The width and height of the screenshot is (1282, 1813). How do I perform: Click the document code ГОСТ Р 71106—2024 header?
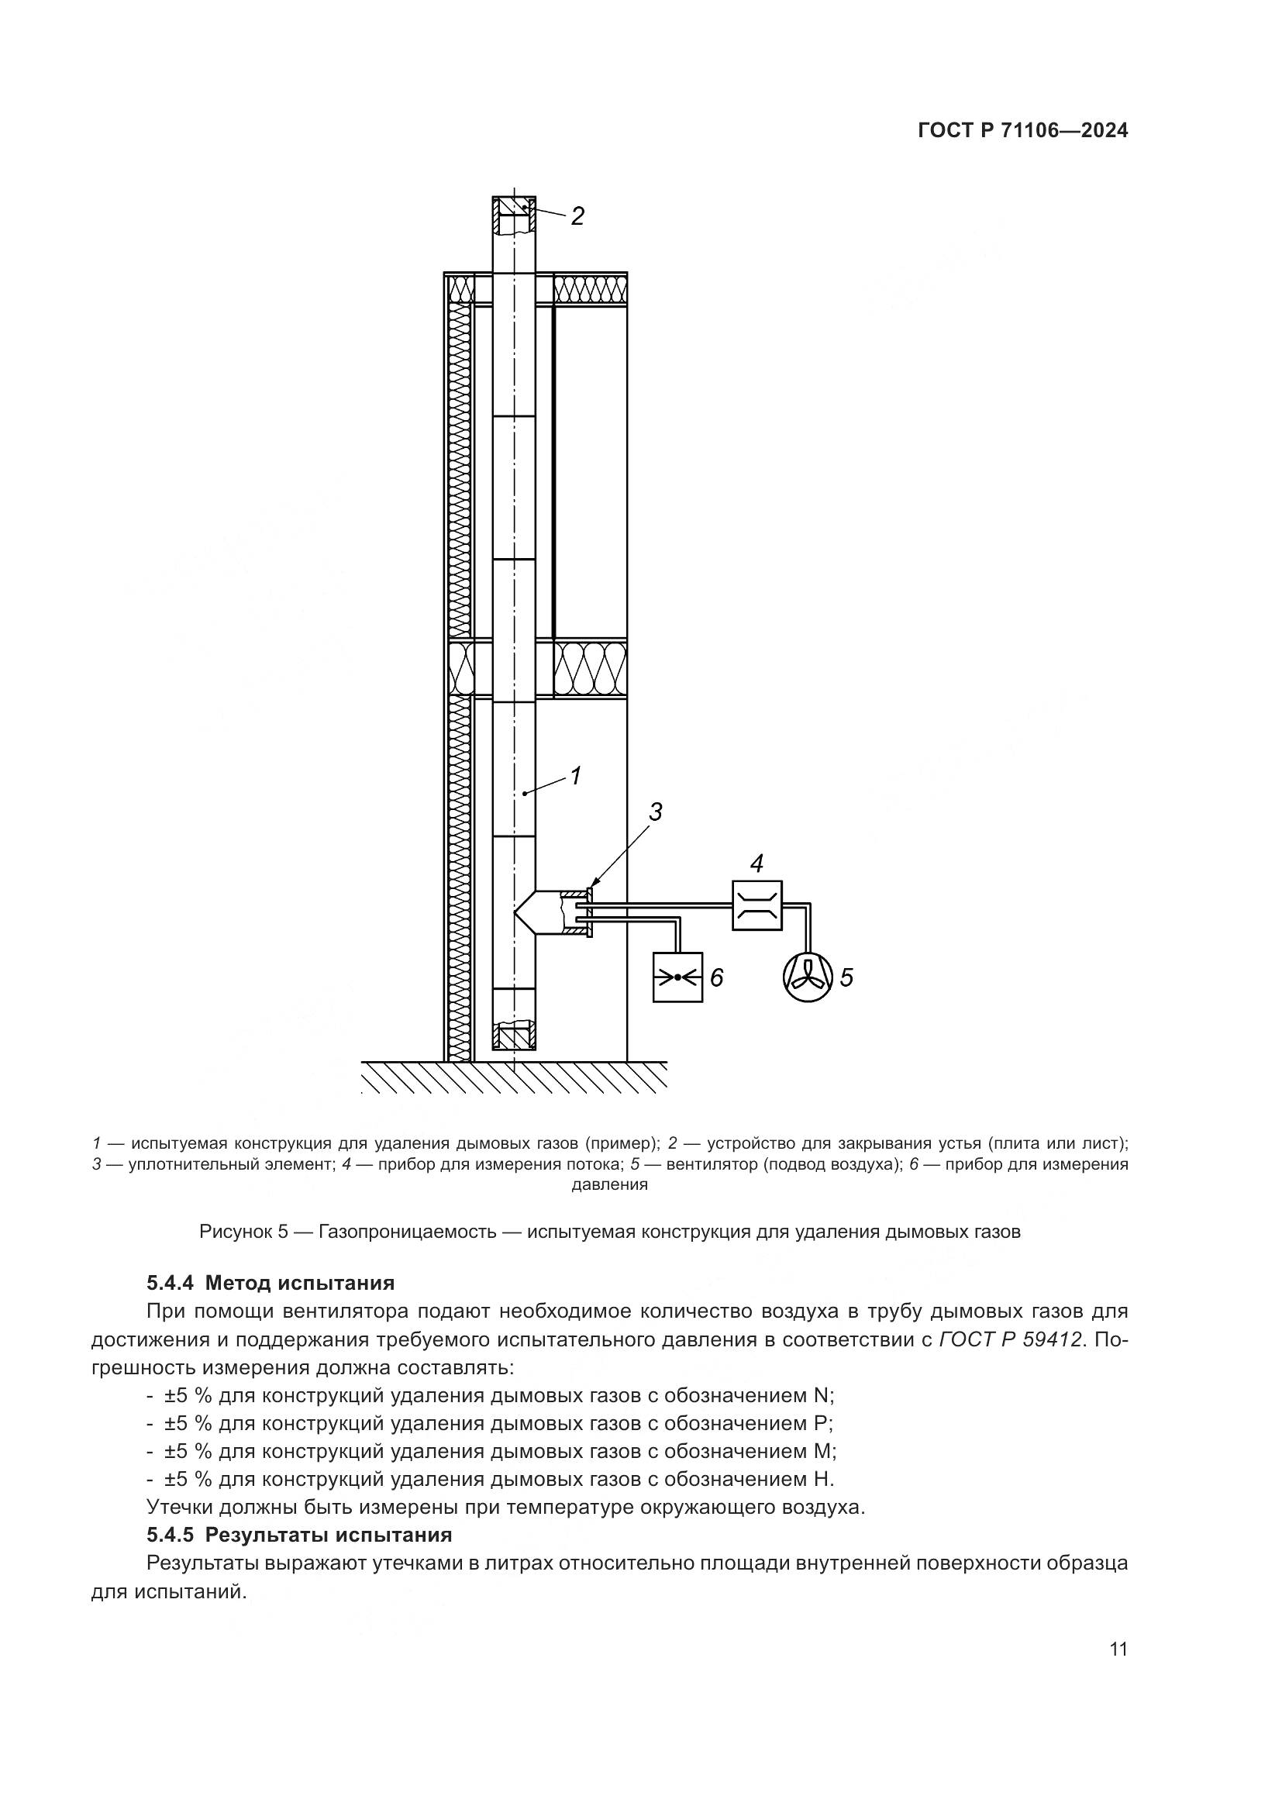1023,131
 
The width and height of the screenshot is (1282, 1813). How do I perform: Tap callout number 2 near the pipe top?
577,216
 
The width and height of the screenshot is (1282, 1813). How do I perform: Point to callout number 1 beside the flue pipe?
575,776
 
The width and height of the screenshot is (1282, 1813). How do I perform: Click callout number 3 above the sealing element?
655,812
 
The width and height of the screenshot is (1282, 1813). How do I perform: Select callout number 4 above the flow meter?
756,863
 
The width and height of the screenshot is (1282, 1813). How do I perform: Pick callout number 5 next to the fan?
846,977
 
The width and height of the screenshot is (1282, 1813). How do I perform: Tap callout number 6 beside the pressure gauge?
717,977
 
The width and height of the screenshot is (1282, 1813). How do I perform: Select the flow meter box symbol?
756,905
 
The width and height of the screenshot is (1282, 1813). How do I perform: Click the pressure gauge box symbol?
677,977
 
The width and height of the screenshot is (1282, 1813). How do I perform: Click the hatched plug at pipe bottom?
514,1036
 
